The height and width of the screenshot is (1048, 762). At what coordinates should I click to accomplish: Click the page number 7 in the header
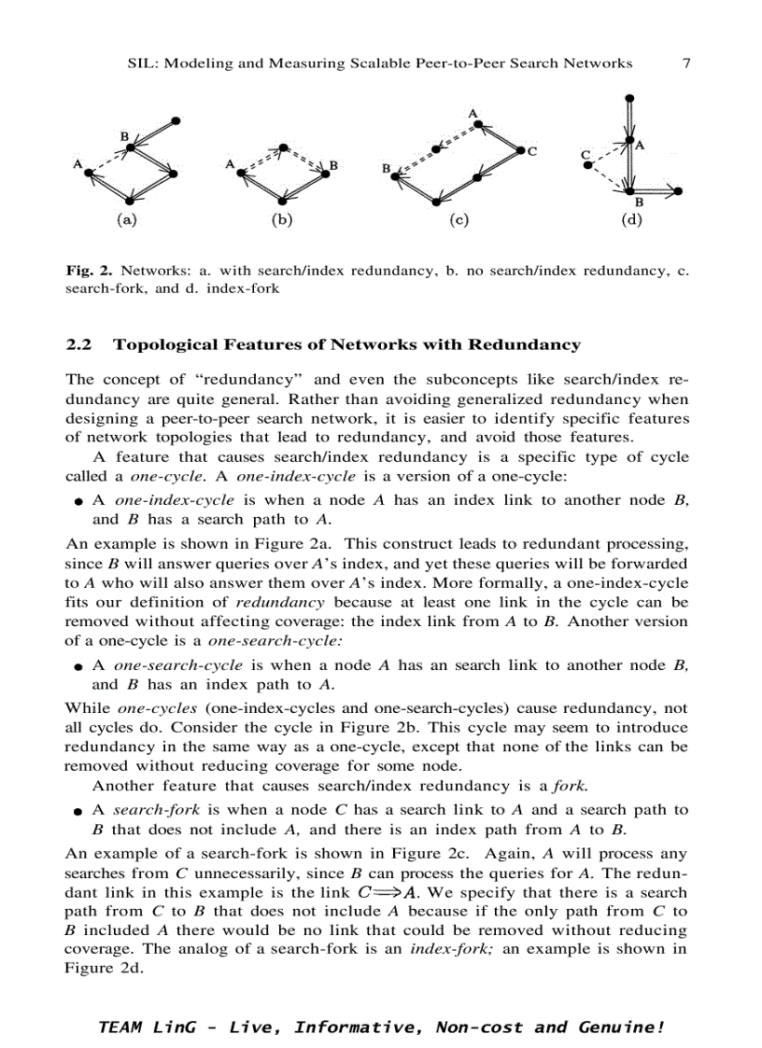[x=686, y=63]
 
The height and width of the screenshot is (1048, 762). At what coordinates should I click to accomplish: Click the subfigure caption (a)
[x=125, y=221]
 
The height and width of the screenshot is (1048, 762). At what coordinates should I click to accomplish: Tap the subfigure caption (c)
[x=458, y=221]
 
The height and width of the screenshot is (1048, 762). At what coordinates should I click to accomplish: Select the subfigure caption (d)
[x=633, y=221]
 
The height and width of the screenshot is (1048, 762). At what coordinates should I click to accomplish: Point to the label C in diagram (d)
[x=585, y=154]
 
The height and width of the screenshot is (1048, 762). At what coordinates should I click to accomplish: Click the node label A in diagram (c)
[x=473, y=114]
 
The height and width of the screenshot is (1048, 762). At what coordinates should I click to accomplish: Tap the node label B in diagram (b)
[x=333, y=165]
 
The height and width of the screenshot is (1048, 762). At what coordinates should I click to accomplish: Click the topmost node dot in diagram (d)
[x=632, y=97]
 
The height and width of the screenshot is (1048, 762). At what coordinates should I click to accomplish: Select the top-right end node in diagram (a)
[x=176, y=119]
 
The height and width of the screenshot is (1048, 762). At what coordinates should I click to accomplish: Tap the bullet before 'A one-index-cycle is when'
[x=81, y=502]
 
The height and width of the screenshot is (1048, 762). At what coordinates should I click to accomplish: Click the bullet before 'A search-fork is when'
[x=81, y=812]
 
